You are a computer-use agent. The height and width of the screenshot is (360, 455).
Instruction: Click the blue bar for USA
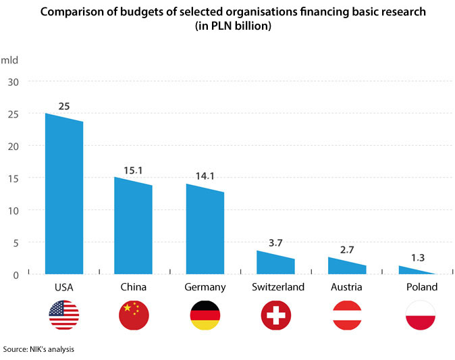(x=64, y=196)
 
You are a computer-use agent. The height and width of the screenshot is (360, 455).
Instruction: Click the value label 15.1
(x=133, y=170)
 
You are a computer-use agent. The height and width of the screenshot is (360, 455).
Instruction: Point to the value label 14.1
(x=205, y=176)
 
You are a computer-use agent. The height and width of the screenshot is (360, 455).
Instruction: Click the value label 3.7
(x=275, y=242)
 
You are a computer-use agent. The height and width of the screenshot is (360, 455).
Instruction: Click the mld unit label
(x=9, y=59)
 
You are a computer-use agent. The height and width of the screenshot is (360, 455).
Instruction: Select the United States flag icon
(x=64, y=315)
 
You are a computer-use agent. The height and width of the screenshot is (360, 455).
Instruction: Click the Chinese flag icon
(x=133, y=315)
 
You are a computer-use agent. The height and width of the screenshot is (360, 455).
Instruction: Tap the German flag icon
(x=205, y=315)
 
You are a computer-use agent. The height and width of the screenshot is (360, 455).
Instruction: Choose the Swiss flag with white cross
(x=275, y=315)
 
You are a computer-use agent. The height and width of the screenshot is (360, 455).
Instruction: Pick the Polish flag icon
(x=421, y=315)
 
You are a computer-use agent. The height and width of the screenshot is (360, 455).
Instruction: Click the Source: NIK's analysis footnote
(x=38, y=349)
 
